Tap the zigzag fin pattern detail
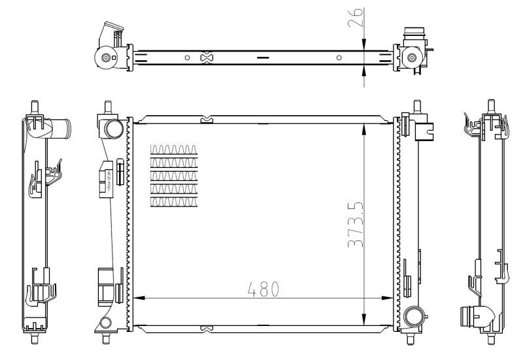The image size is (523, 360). (173, 175)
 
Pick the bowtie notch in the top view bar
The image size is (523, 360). (207, 58)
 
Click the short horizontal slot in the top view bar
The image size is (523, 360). (263, 58)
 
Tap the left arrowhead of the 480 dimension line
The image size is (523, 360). (137, 299)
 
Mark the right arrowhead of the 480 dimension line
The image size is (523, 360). (390, 299)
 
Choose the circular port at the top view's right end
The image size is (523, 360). (412, 58)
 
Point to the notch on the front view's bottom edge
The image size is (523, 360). (207, 327)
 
